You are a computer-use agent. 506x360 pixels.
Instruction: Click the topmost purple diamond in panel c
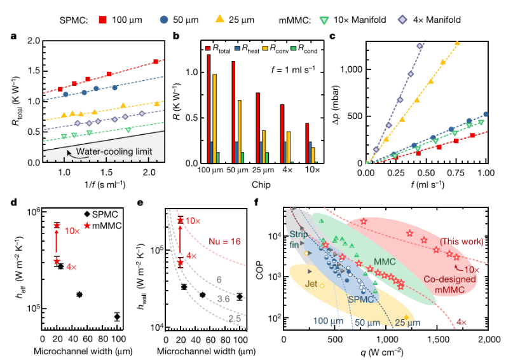(420, 46)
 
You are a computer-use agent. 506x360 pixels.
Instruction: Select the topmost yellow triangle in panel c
(457, 43)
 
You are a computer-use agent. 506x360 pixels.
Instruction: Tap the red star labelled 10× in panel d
(57, 225)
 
